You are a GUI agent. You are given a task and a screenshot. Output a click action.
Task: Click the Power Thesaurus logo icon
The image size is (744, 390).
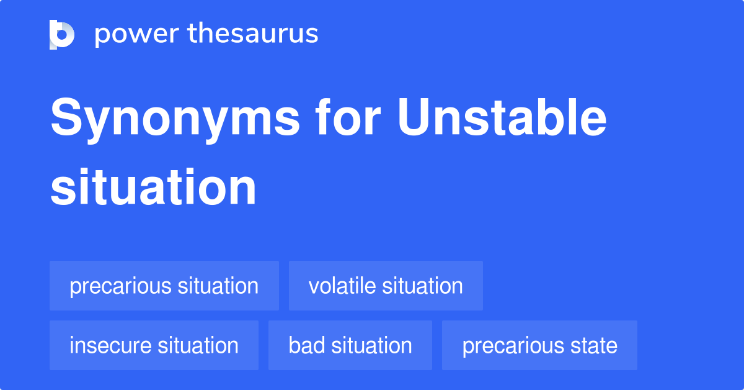pyautogui.click(x=62, y=34)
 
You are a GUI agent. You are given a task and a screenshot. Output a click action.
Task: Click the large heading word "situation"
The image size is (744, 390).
pyautogui.click(x=153, y=187)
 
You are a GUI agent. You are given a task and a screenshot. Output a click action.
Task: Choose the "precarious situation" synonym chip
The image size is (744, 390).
pyautogui.click(x=164, y=286)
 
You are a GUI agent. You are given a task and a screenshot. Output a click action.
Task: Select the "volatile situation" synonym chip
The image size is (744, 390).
pyautogui.click(x=386, y=286)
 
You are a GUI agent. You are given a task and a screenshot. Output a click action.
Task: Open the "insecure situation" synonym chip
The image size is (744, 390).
pyautogui.click(x=154, y=345)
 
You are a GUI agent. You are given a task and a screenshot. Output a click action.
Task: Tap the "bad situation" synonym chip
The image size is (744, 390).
pyautogui.click(x=350, y=345)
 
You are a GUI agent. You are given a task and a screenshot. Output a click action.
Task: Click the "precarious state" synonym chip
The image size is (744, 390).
pyautogui.click(x=539, y=345)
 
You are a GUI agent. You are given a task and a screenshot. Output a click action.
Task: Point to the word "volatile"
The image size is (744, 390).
pyautogui.click(x=342, y=286)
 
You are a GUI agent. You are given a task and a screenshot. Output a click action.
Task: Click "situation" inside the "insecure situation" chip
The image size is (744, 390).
pyautogui.click(x=197, y=345)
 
